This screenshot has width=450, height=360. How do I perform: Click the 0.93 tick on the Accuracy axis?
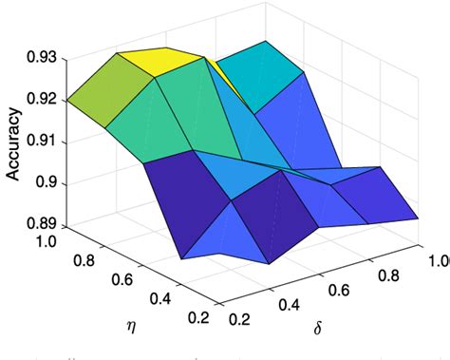pos(43,58)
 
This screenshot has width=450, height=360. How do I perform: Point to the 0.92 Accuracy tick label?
pos(43,100)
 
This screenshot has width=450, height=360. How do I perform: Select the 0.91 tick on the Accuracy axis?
pos(43,142)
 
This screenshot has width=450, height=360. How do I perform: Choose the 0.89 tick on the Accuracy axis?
pos(43,225)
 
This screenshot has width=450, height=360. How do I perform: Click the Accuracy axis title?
pos(13,142)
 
